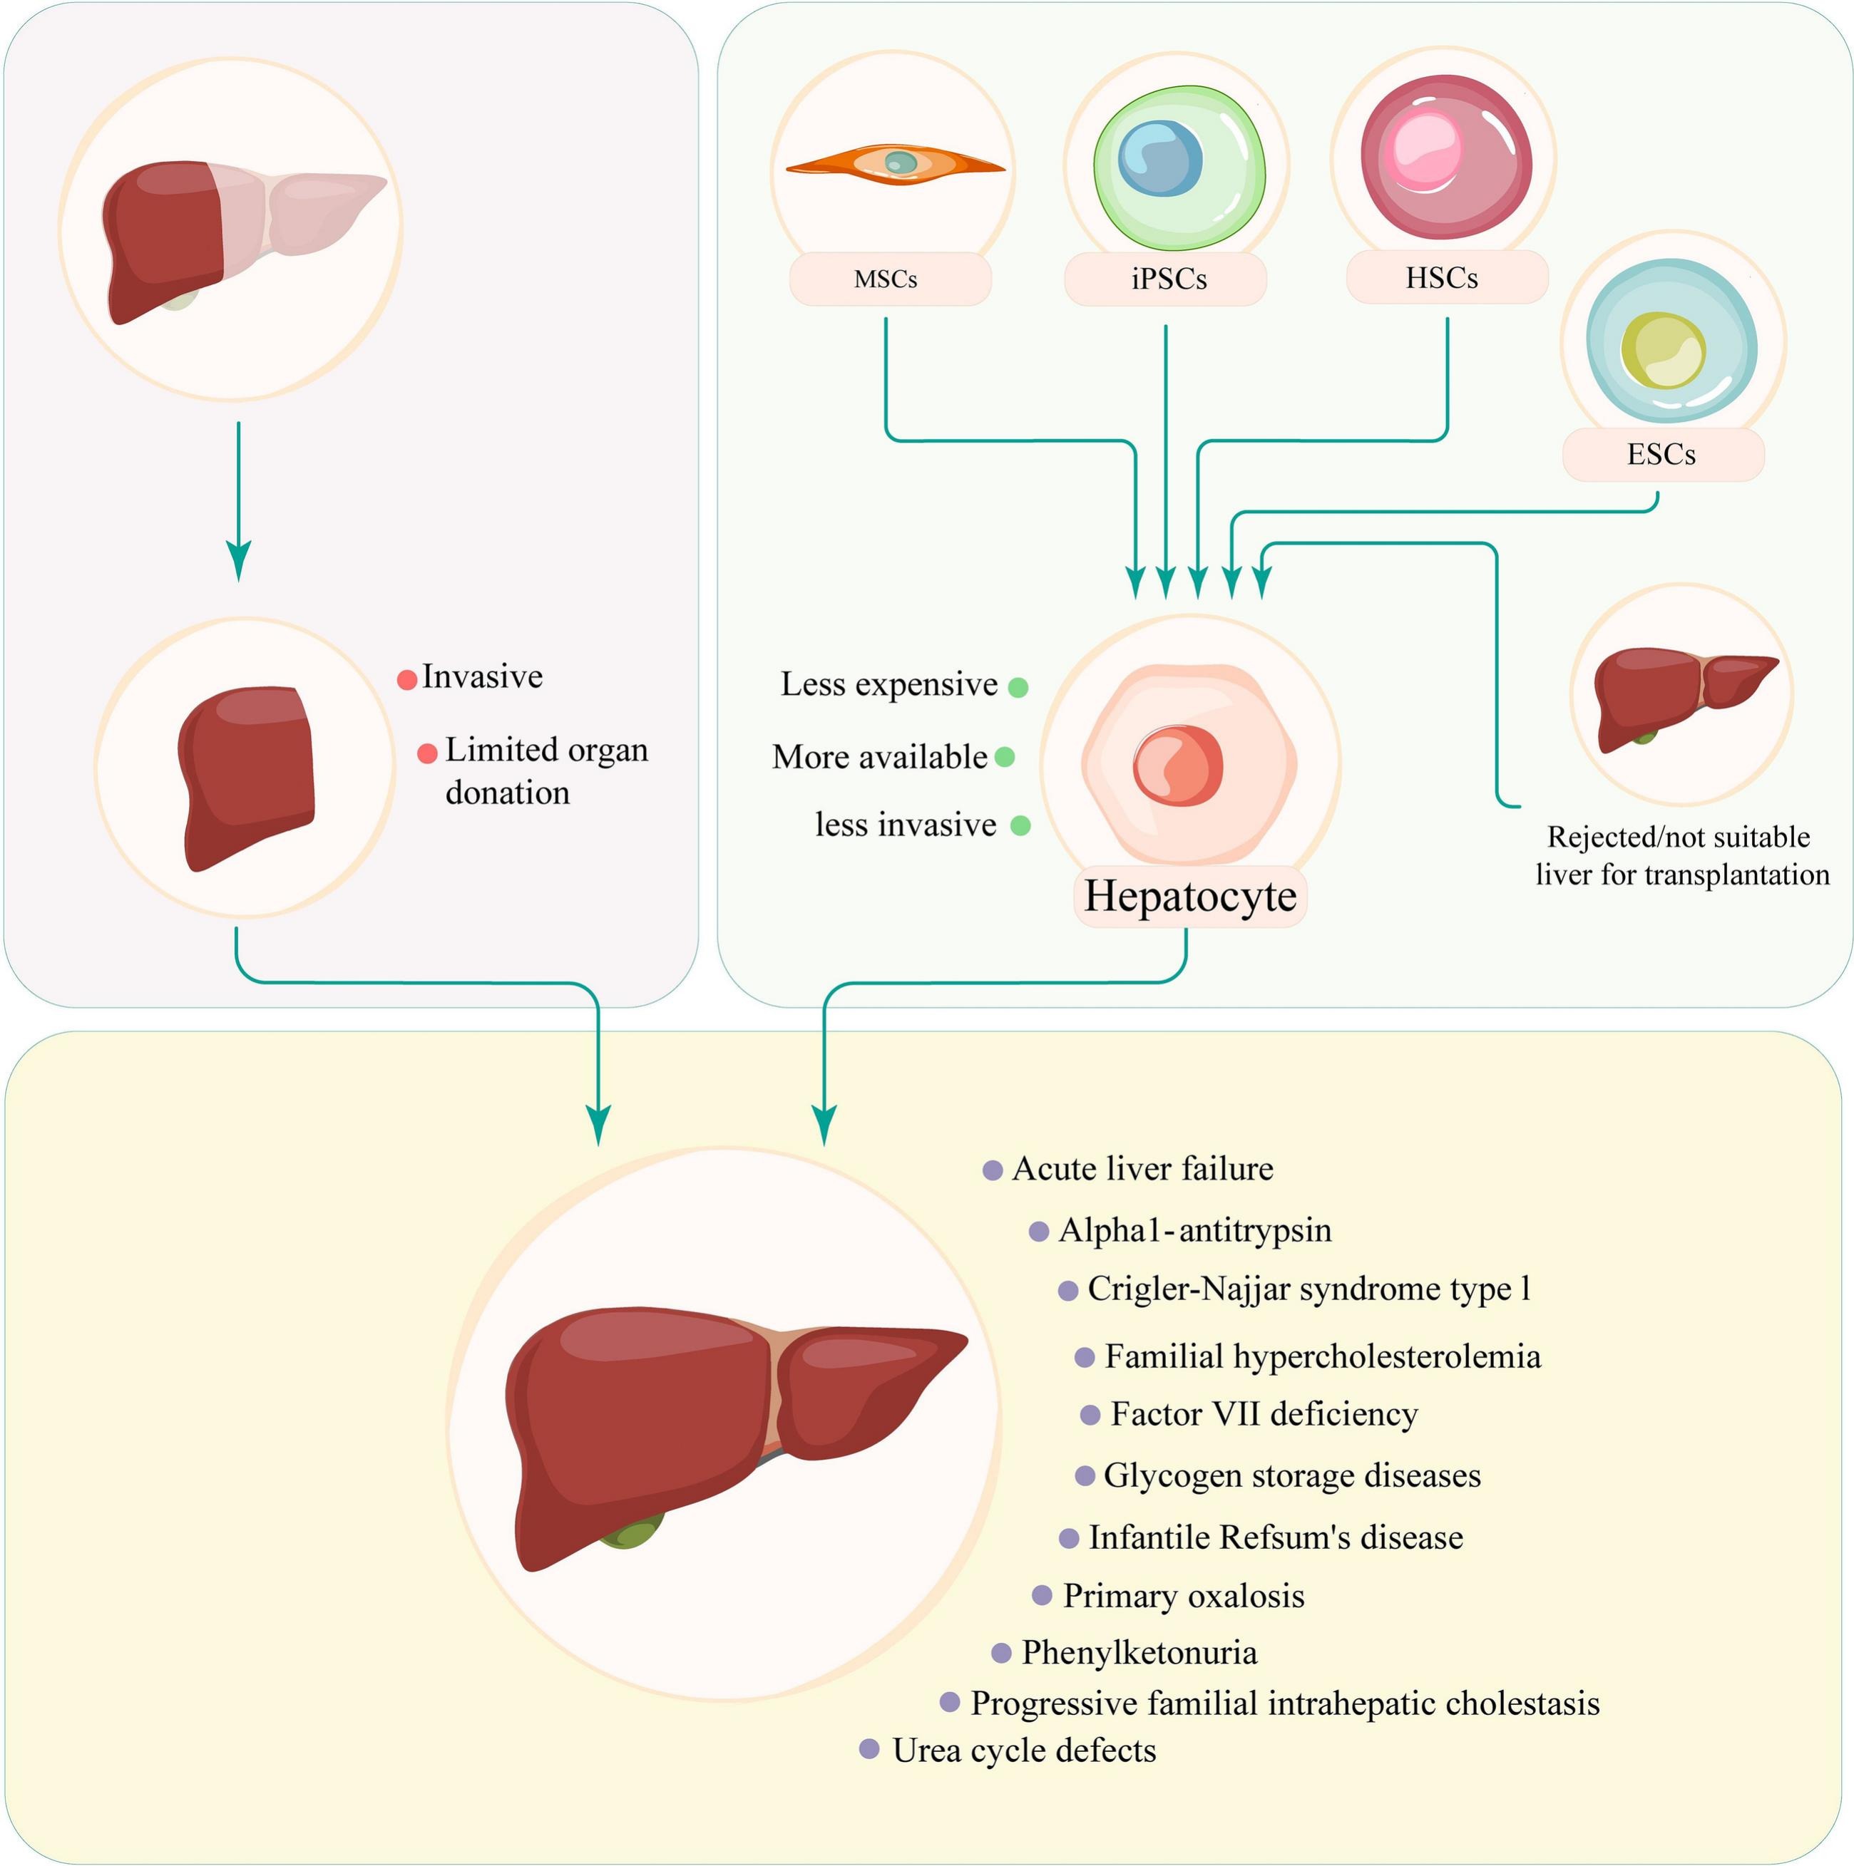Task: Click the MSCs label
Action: tap(886, 280)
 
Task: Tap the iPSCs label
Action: tap(1168, 280)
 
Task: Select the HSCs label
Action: tap(1440, 278)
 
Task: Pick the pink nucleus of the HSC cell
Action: tap(1423, 150)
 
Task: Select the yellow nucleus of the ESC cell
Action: tap(1661, 351)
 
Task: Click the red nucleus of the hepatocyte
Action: tap(1178, 765)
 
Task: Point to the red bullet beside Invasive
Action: tap(406, 680)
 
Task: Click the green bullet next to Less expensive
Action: tap(1018, 686)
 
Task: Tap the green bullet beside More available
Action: tap(1004, 757)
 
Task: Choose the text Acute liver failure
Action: tap(1142, 1169)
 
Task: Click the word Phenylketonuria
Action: tap(1139, 1653)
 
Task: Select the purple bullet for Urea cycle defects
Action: tap(869, 1749)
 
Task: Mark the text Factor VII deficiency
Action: tap(1264, 1414)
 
